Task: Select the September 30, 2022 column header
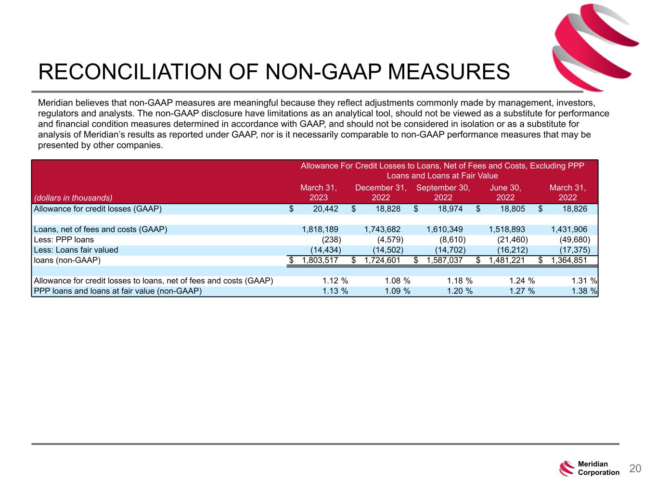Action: coord(443,192)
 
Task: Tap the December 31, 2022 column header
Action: coord(381,192)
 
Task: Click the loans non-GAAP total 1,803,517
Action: coord(320,260)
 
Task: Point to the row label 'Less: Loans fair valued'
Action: coord(76,250)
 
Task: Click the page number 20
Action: coord(635,468)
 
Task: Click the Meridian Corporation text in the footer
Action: coord(598,468)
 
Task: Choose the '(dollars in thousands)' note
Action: coord(73,197)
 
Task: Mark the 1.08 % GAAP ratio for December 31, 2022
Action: coord(397,281)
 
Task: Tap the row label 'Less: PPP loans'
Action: coord(64,240)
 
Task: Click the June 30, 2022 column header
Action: coord(505,192)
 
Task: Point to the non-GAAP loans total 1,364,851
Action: coord(569,260)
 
